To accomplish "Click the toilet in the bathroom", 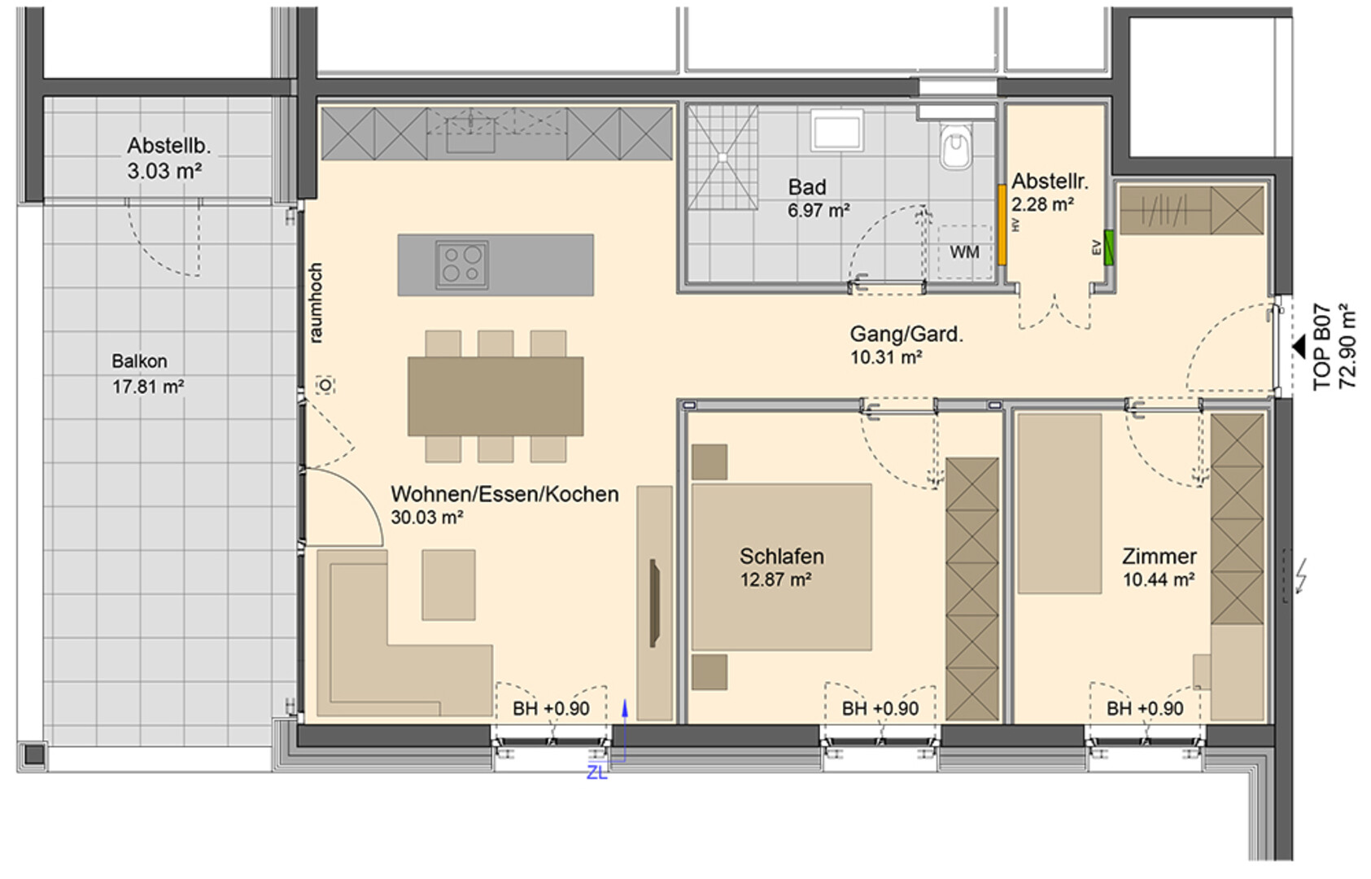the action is pos(955,144).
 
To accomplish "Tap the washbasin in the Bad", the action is pos(836,129).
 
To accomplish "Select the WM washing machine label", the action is pos(965,252).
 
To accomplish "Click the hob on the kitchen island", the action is pos(461,265).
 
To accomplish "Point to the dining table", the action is pos(496,396).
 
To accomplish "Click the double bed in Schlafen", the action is pos(781,566).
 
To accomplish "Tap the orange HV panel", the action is pos(1002,225).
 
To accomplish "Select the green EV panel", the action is pos(1108,247).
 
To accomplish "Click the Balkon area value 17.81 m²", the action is pos(148,387).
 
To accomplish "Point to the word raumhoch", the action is pos(315,303).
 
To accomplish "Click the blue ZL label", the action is pos(596,773).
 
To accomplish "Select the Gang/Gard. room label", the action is pos(906,335).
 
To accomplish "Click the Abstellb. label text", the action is pos(169,146).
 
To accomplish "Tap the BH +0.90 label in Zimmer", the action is pos(1145,708).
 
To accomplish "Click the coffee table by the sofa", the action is pos(448,584).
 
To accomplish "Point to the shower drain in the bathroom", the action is pos(723,157).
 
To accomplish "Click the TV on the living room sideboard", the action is pos(654,602).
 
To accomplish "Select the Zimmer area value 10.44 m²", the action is pos(1159,579).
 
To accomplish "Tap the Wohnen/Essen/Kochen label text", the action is pos(505,494).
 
